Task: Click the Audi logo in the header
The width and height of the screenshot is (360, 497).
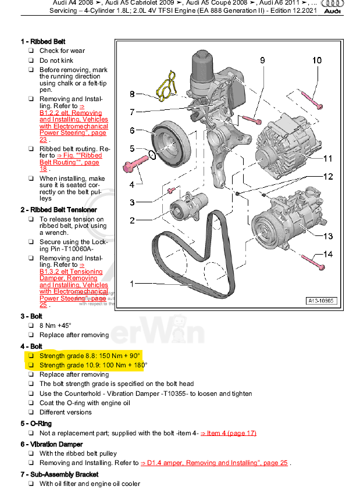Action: (x=333, y=6)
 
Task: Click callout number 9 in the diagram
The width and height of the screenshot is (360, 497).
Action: (x=262, y=60)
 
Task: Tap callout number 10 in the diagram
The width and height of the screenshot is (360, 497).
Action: (x=316, y=60)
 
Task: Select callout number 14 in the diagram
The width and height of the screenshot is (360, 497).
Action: (x=328, y=255)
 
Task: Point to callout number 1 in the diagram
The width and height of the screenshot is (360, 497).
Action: (x=133, y=284)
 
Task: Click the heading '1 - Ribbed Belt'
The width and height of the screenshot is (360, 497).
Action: (x=43, y=42)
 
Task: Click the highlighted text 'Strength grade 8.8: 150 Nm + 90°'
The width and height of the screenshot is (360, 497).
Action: (x=90, y=355)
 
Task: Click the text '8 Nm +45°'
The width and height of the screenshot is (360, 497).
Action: (x=55, y=326)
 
